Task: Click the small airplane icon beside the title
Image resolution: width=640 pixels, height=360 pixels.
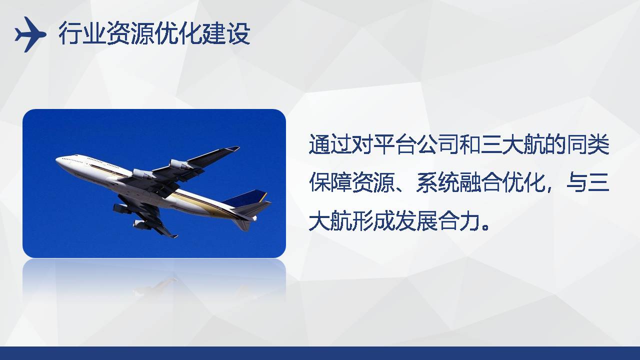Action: tap(30, 34)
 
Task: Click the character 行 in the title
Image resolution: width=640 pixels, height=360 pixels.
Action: tap(70, 33)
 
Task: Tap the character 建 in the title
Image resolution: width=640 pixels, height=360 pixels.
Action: tap(214, 33)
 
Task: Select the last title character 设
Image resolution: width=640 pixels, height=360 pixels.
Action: tap(238, 33)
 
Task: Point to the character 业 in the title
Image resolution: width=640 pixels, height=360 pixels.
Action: tap(94, 33)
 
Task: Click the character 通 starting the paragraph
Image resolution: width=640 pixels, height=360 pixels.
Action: tap(319, 144)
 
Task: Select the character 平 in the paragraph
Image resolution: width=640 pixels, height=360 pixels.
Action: tap(383, 144)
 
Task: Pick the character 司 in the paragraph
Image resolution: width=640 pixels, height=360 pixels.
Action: tap(448, 144)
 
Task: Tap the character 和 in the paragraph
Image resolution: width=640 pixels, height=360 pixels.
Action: tap(469, 144)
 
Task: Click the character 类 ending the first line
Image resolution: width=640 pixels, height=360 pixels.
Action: tap(598, 144)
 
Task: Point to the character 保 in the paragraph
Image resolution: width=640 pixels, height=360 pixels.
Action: tap(319, 182)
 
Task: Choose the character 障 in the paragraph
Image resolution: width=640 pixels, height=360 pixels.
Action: tap(341, 182)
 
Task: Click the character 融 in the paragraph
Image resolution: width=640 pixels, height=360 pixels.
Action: tap(469, 182)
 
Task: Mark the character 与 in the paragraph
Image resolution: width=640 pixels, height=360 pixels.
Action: tap(577, 182)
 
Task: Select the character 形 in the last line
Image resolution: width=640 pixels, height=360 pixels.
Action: tap(362, 220)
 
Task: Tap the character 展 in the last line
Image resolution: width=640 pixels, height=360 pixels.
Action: tap(427, 220)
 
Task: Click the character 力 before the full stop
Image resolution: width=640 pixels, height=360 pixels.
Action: tap(469, 220)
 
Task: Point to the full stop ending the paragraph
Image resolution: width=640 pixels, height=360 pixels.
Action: tap(485, 227)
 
